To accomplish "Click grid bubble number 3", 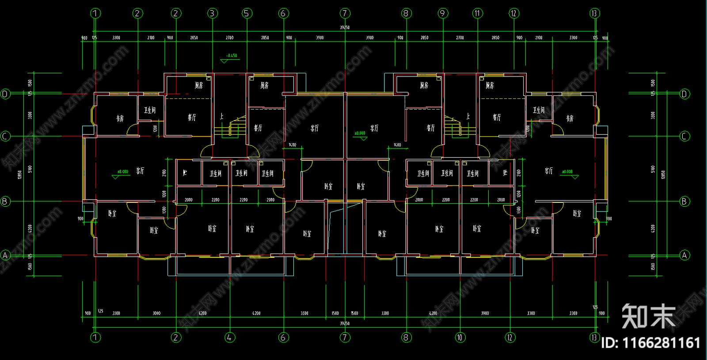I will pyautogui.click(x=212, y=13).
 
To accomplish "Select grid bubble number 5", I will pyautogui.click(x=247, y=13).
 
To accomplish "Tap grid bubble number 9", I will pyautogui.click(x=442, y=13).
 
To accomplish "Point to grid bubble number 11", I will pyautogui.click(x=477, y=13).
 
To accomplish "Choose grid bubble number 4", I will pyautogui.click(x=229, y=337).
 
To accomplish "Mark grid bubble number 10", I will pyautogui.click(x=460, y=337).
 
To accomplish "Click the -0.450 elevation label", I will pyautogui.click(x=232, y=56).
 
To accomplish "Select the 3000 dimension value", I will pyautogui.click(x=156, y=313).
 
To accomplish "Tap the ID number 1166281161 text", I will pyautogui.click(x=651, y=343).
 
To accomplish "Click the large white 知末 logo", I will pyautogui.click(x=649, y=316).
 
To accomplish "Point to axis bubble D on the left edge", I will pyautogui.click(x=5, y=94).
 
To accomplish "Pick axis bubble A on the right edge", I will pyautogui.click(x=684, y=255).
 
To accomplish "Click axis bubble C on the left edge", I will pyautogui.click(x=5, y=136).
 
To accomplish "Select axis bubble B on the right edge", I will pyautogui.click(x=684, y=201).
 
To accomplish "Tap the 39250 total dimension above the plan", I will pyautogui.click(x=345, y=27).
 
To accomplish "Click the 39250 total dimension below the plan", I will pyautogui.click(x=345, y=323).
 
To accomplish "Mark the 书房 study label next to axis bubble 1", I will pyautogui.click(x=120, y=118).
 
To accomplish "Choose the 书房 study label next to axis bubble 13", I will pyautogui.click(x=570, y=118).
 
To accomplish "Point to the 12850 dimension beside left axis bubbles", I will pyautogui.click(x=19, y=175).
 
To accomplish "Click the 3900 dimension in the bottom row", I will pyautogui.click(x=485, y=313).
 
